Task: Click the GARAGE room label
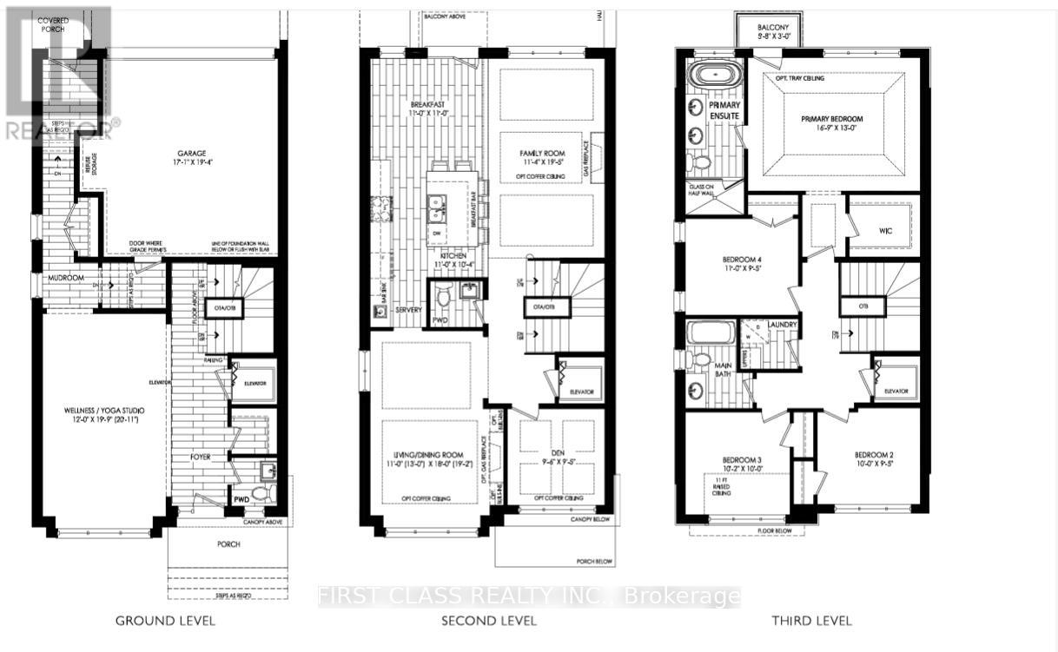[188, 153]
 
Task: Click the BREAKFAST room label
[427, 106]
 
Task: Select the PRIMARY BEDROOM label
[832, 119]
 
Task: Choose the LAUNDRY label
[783, 324]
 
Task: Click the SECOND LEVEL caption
[489, 621]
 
